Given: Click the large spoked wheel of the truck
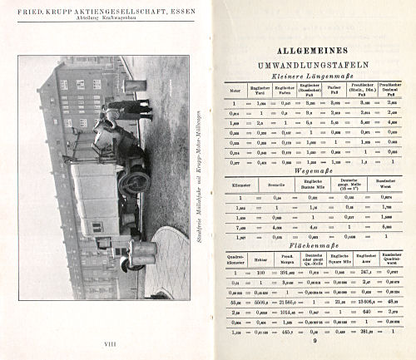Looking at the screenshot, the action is click(133, 182).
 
